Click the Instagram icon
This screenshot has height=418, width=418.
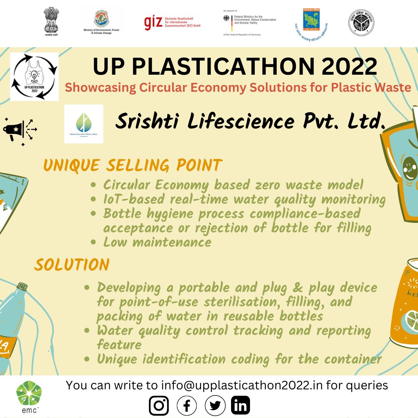point(159,406)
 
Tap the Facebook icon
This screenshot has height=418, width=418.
point(187,406)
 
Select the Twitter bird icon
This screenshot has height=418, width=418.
point(215,406)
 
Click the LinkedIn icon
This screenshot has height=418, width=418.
point(241,406)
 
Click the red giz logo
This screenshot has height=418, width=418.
point(151,23)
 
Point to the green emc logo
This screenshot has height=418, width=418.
point(29,395)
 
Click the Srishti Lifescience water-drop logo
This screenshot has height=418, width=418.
point(84,123)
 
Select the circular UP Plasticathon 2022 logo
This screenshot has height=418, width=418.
point(34,76)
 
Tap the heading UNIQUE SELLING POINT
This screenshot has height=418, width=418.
point(132,166)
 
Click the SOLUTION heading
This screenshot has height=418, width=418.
point(72,265)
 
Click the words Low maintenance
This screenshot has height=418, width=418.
point(157,242)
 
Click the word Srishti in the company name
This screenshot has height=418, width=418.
point(149,122)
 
